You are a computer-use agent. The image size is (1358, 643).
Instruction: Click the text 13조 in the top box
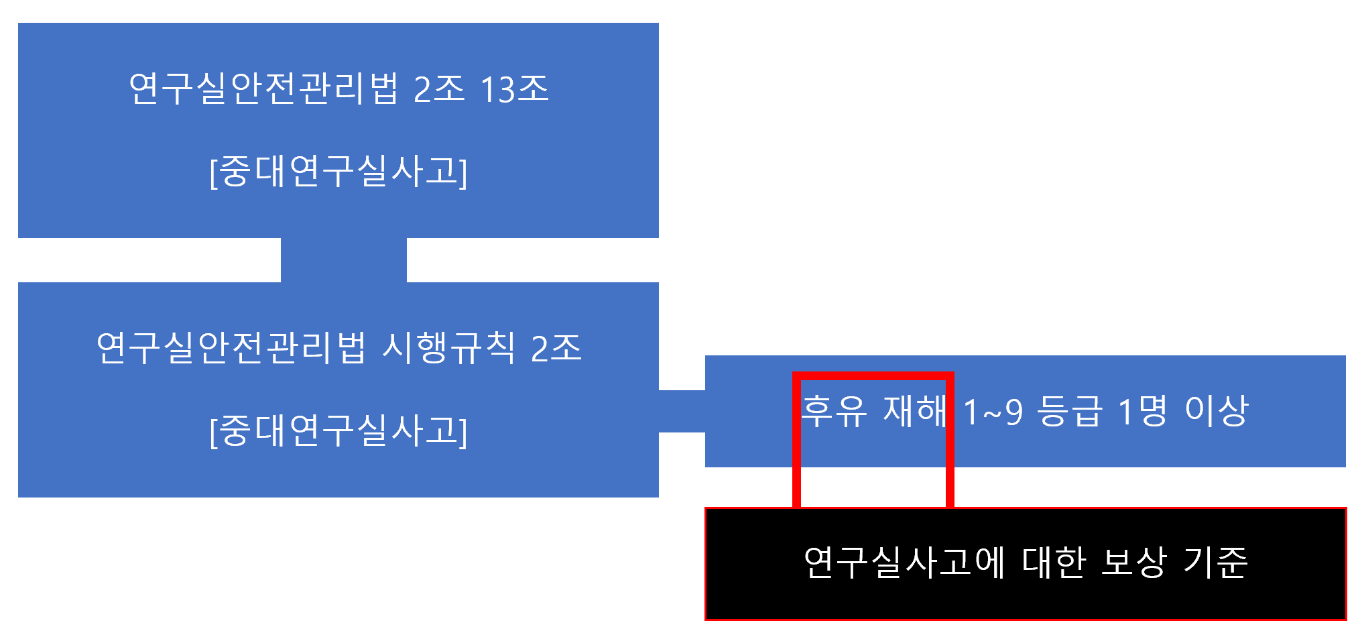pyautogui.click(x=515, y=89)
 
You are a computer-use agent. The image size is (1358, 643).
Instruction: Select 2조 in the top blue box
pyautogui.click(x=439, y=89)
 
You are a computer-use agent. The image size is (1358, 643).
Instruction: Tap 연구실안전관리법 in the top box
pyautogui.click(x=263, y=89)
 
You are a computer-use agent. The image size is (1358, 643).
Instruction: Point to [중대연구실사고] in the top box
pyautogui.click(x=338, y=172)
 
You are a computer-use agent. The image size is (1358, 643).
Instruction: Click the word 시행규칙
pyautogui.click(x=448, y=348)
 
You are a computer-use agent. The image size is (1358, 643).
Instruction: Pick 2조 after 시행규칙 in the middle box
pyautogui.click(x=556, y=348)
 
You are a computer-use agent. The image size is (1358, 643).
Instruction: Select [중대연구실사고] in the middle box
pyautogui.click(x=338, y=430)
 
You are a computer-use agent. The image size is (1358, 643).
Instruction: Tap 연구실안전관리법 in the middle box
pyautogui.click(x=231, y=348)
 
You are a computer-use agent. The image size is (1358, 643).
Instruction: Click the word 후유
pyautogui.click(x=835, y=411)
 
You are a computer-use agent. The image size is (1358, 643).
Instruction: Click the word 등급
pyautogui.click(x=1069, y=411)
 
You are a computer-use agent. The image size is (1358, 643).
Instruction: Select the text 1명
pyautogui.click(x=1142, y=411)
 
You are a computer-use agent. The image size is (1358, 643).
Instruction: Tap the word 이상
pyautogui.click(x=1216, y=411)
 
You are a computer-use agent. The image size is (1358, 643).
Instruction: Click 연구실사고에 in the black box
pyautogui.click(x=904, y=563)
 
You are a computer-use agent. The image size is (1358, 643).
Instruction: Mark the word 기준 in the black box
pyautogui.click(x=1215, y=563)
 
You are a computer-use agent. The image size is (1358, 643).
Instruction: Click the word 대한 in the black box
pyautogui.click(x=1053, y=563)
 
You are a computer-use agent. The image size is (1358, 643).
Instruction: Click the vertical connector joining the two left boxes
pyautogui.click(x=343, y=260)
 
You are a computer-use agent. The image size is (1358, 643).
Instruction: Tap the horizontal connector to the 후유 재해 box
pyautogui.click(x=682, y=411)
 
